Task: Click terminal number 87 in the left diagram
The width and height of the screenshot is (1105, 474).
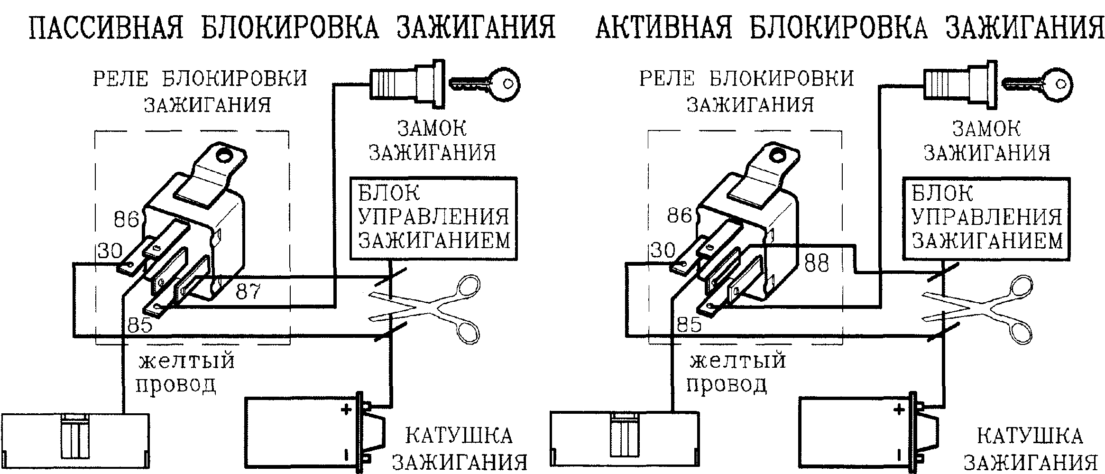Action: pyautogui.click(x=248, y=291)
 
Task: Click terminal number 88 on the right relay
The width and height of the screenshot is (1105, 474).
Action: pyautogui.click(x=816, y=264)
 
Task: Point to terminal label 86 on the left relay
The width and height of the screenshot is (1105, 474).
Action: pyautogui.click(x=126, y=219)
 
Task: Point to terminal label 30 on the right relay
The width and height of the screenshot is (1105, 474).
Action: pyautogui.click(x=663, y=250)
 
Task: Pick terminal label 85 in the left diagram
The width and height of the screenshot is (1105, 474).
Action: pyautogui.click(x=139, y=325)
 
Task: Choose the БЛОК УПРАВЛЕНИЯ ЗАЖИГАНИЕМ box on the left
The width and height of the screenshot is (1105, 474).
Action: pyautogui.click(x=433, y=219)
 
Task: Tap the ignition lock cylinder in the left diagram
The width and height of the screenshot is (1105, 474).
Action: pyautogui.click(x=407, y=84)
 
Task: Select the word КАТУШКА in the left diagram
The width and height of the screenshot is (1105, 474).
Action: pyautogui.click(x=459, y=436)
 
